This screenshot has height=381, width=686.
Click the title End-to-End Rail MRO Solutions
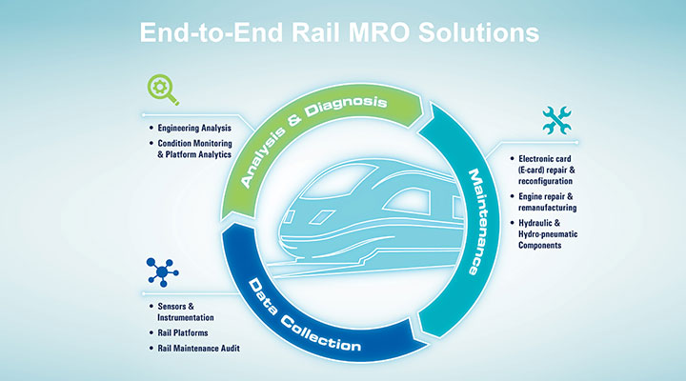340,31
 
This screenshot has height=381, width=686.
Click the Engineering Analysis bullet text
195,127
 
